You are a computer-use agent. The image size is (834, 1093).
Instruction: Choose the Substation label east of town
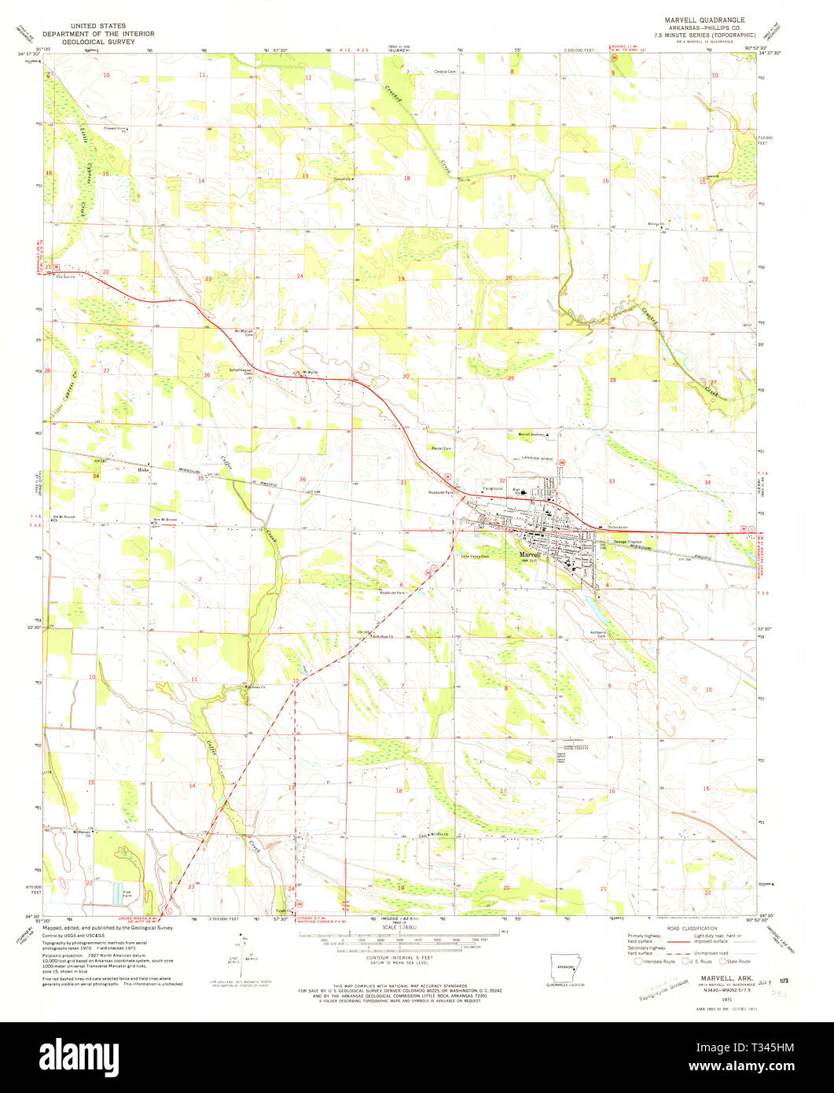point(619,527)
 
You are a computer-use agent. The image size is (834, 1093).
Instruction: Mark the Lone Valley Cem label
point(474,557)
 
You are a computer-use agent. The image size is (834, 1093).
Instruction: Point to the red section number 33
point(611,480)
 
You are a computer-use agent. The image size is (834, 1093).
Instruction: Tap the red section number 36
point(302,480)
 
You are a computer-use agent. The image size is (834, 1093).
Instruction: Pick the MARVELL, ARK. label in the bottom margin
point(719,979)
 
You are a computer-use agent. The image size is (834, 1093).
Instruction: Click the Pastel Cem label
point(440,448)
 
